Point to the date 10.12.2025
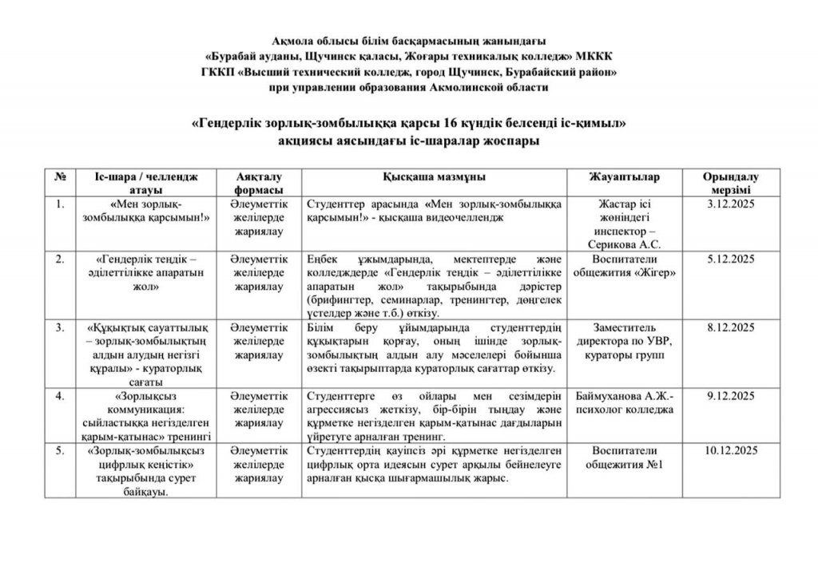point(730,451)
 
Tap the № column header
point(60,176)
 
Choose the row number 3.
point(58,327)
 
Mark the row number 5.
point(58,451)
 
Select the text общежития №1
point(623,465)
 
